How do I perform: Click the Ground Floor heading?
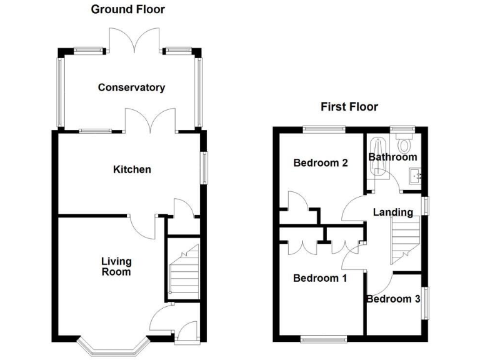tap(128, 9)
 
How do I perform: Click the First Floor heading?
tap(349, 107)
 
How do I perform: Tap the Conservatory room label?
tap(131, 87)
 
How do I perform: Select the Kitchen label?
tap(131, 169)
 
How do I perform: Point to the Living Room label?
tap(117, 266)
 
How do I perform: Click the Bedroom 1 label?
tap(320, 278)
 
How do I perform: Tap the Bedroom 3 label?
tap(393, 299)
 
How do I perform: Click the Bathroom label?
tap(392, 157)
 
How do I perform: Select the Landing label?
tap(392, 212)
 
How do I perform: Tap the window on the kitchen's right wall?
tap(203, 167)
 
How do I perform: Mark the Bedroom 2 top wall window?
tap(324, 129)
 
